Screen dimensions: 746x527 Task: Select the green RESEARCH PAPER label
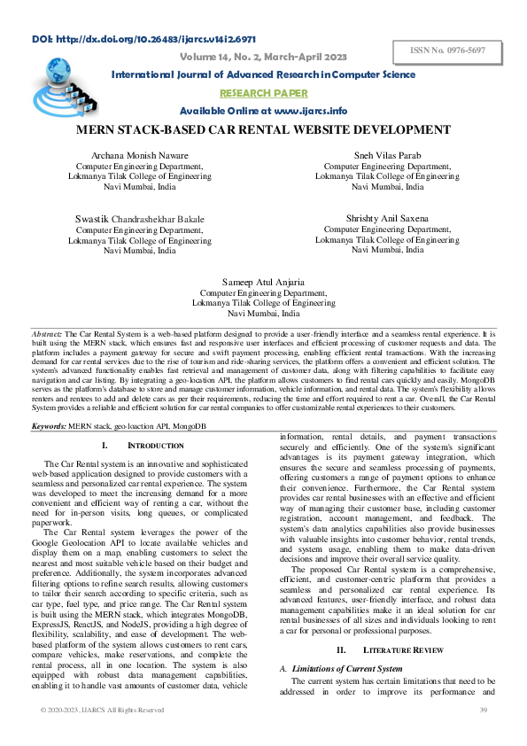coord(263,93)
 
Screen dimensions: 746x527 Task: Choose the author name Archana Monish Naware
coord(140,155)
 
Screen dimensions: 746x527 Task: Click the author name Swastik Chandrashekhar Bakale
coord(140,219)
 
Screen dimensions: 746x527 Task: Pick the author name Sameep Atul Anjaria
coord(263,282)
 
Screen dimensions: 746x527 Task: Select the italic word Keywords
coord(51,426)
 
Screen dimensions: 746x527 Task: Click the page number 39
coord(484,710)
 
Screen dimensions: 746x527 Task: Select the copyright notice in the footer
coord(102,710)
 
